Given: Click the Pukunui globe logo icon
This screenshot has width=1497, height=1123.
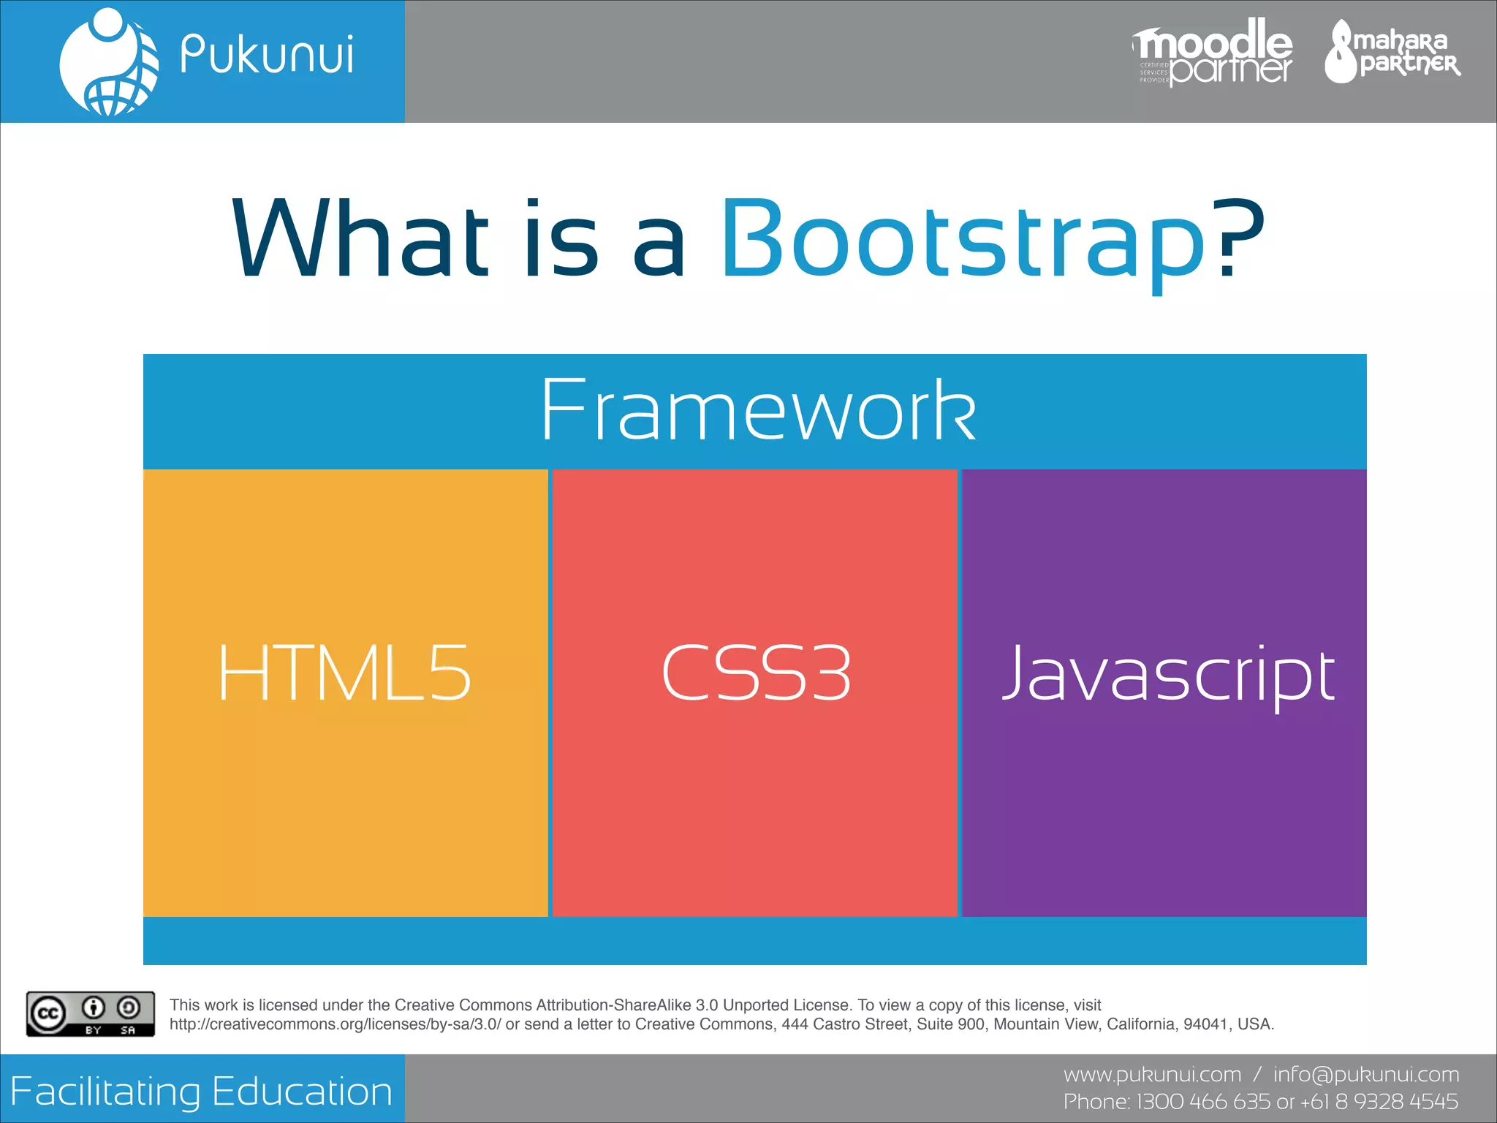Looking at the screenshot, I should click(x=109, y=62).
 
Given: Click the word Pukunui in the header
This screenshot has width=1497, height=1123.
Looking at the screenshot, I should click(x=267, y=55).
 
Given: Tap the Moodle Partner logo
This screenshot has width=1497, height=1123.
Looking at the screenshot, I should click(x=1213, y=52).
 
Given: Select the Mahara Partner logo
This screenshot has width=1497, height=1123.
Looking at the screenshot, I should click(x=1392, y=52).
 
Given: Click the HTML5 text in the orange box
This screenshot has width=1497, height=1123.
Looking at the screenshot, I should click(x=344, y=673).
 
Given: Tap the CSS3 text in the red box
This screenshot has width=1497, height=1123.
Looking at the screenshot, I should click(x=756, y=673).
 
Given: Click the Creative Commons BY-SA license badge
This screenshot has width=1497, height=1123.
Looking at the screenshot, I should click(x=91, y=1013).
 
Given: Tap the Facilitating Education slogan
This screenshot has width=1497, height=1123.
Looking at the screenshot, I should click(x=202, y=1092).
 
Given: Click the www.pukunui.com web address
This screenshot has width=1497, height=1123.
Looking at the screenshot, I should click(x=1152, y=1075).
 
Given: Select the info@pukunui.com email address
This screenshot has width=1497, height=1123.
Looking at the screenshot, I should click(x=1365, y=1075).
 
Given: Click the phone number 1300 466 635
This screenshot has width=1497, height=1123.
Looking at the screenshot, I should click(x=1203, y=1101).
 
